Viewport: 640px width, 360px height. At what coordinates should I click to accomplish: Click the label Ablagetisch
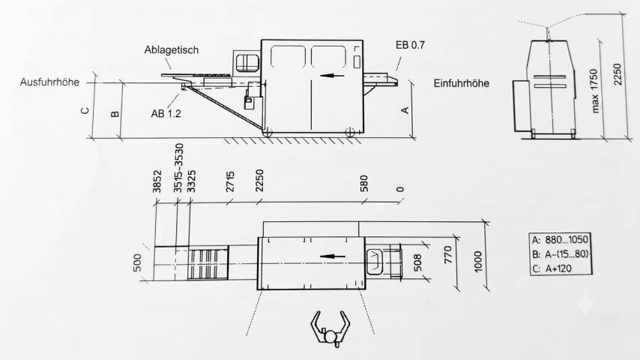click(172, 50)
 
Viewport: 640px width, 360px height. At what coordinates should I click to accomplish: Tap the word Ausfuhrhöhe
click(49, 82)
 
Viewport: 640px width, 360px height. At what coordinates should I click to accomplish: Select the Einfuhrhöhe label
click(461, 83)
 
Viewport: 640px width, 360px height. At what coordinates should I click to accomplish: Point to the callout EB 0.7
click(410, 45)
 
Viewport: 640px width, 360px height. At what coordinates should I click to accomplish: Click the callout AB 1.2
click(166, 113)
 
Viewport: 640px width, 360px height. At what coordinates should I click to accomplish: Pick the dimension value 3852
click(157, 181)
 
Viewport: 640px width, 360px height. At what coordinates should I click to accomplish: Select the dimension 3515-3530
click(179, 168)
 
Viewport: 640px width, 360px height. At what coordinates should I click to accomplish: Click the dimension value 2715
click(230, 181)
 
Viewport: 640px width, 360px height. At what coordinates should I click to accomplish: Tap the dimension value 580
click(364, 184)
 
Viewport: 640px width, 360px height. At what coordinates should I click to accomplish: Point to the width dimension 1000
click(478, 262)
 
